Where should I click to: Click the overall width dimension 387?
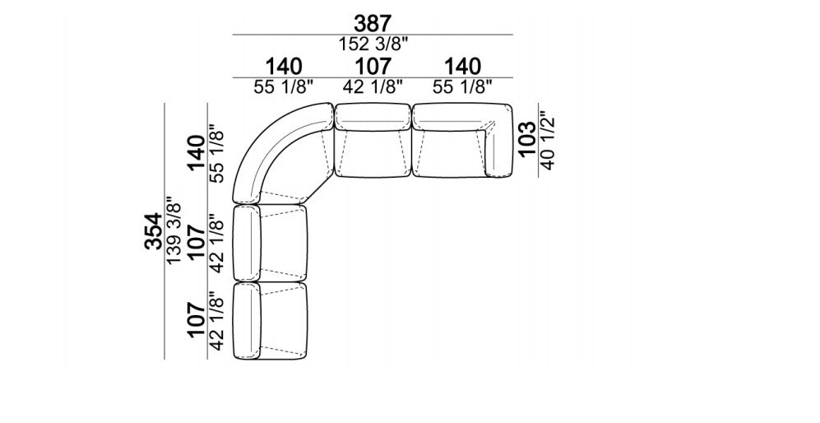pos(373,24)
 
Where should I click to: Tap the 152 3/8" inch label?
pos(373,44)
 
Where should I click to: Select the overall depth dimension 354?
pos(154,231)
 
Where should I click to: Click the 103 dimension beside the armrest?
pos(527,138)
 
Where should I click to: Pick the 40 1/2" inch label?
pos(546,140)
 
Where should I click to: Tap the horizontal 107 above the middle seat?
pos(373,67)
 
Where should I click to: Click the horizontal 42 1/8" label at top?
pos(373,86)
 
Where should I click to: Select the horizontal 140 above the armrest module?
pos(462,67)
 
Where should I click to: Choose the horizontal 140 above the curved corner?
pos(284,67)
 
